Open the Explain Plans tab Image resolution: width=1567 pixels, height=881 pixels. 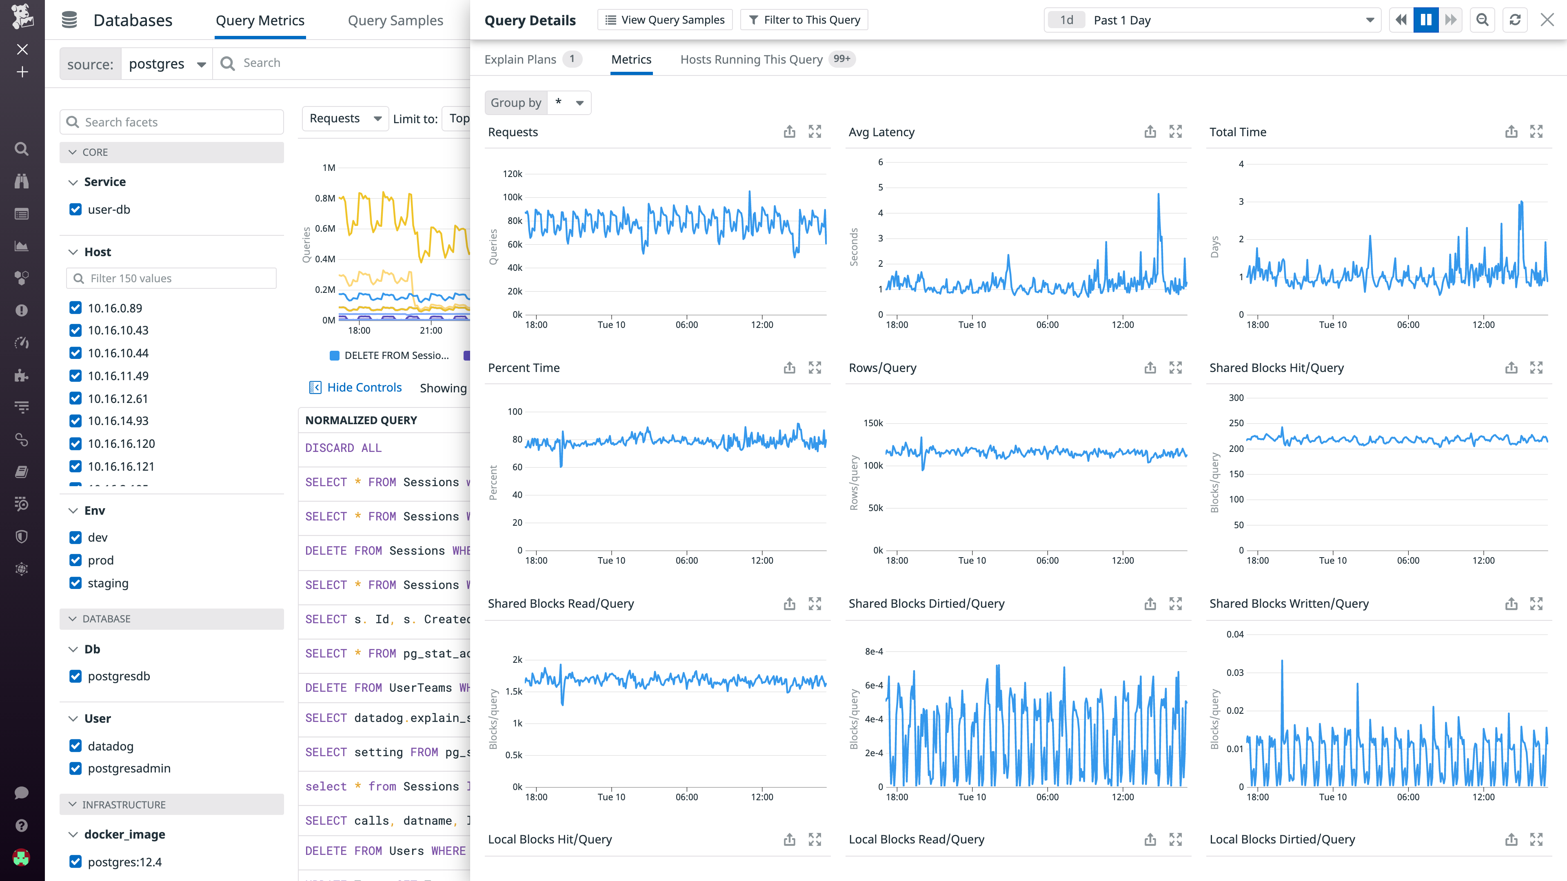tap(520, 60)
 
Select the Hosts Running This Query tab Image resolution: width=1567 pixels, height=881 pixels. tap(751, 60)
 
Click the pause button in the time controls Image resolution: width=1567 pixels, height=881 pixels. tap(1425, 20)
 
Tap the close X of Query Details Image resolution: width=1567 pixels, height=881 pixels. tap(1547, 20)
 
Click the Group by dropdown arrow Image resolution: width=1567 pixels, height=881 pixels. tap(580, 103)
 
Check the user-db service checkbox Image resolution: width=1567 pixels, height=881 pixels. tap(75, 210)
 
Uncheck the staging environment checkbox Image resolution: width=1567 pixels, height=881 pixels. tap(75, 583)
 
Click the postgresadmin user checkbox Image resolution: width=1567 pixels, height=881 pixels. tap(75, 768)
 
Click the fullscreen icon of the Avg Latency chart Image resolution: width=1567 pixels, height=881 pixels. tap(1175, 132)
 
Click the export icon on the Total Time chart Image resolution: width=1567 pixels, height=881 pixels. tap(1511, 132)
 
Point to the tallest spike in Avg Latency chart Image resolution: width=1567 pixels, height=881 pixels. tap(1158, 195)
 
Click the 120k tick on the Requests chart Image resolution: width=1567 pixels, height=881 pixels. tap(512, 174)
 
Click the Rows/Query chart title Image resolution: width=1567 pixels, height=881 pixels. tap(882, 368)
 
